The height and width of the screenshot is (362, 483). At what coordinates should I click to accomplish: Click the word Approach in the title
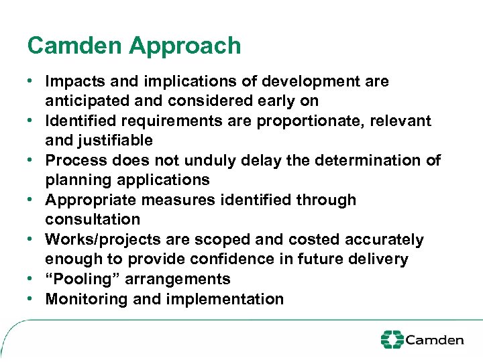185,46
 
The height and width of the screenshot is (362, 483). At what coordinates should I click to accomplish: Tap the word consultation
93,220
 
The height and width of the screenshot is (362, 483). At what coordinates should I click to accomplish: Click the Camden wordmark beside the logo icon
434,340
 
